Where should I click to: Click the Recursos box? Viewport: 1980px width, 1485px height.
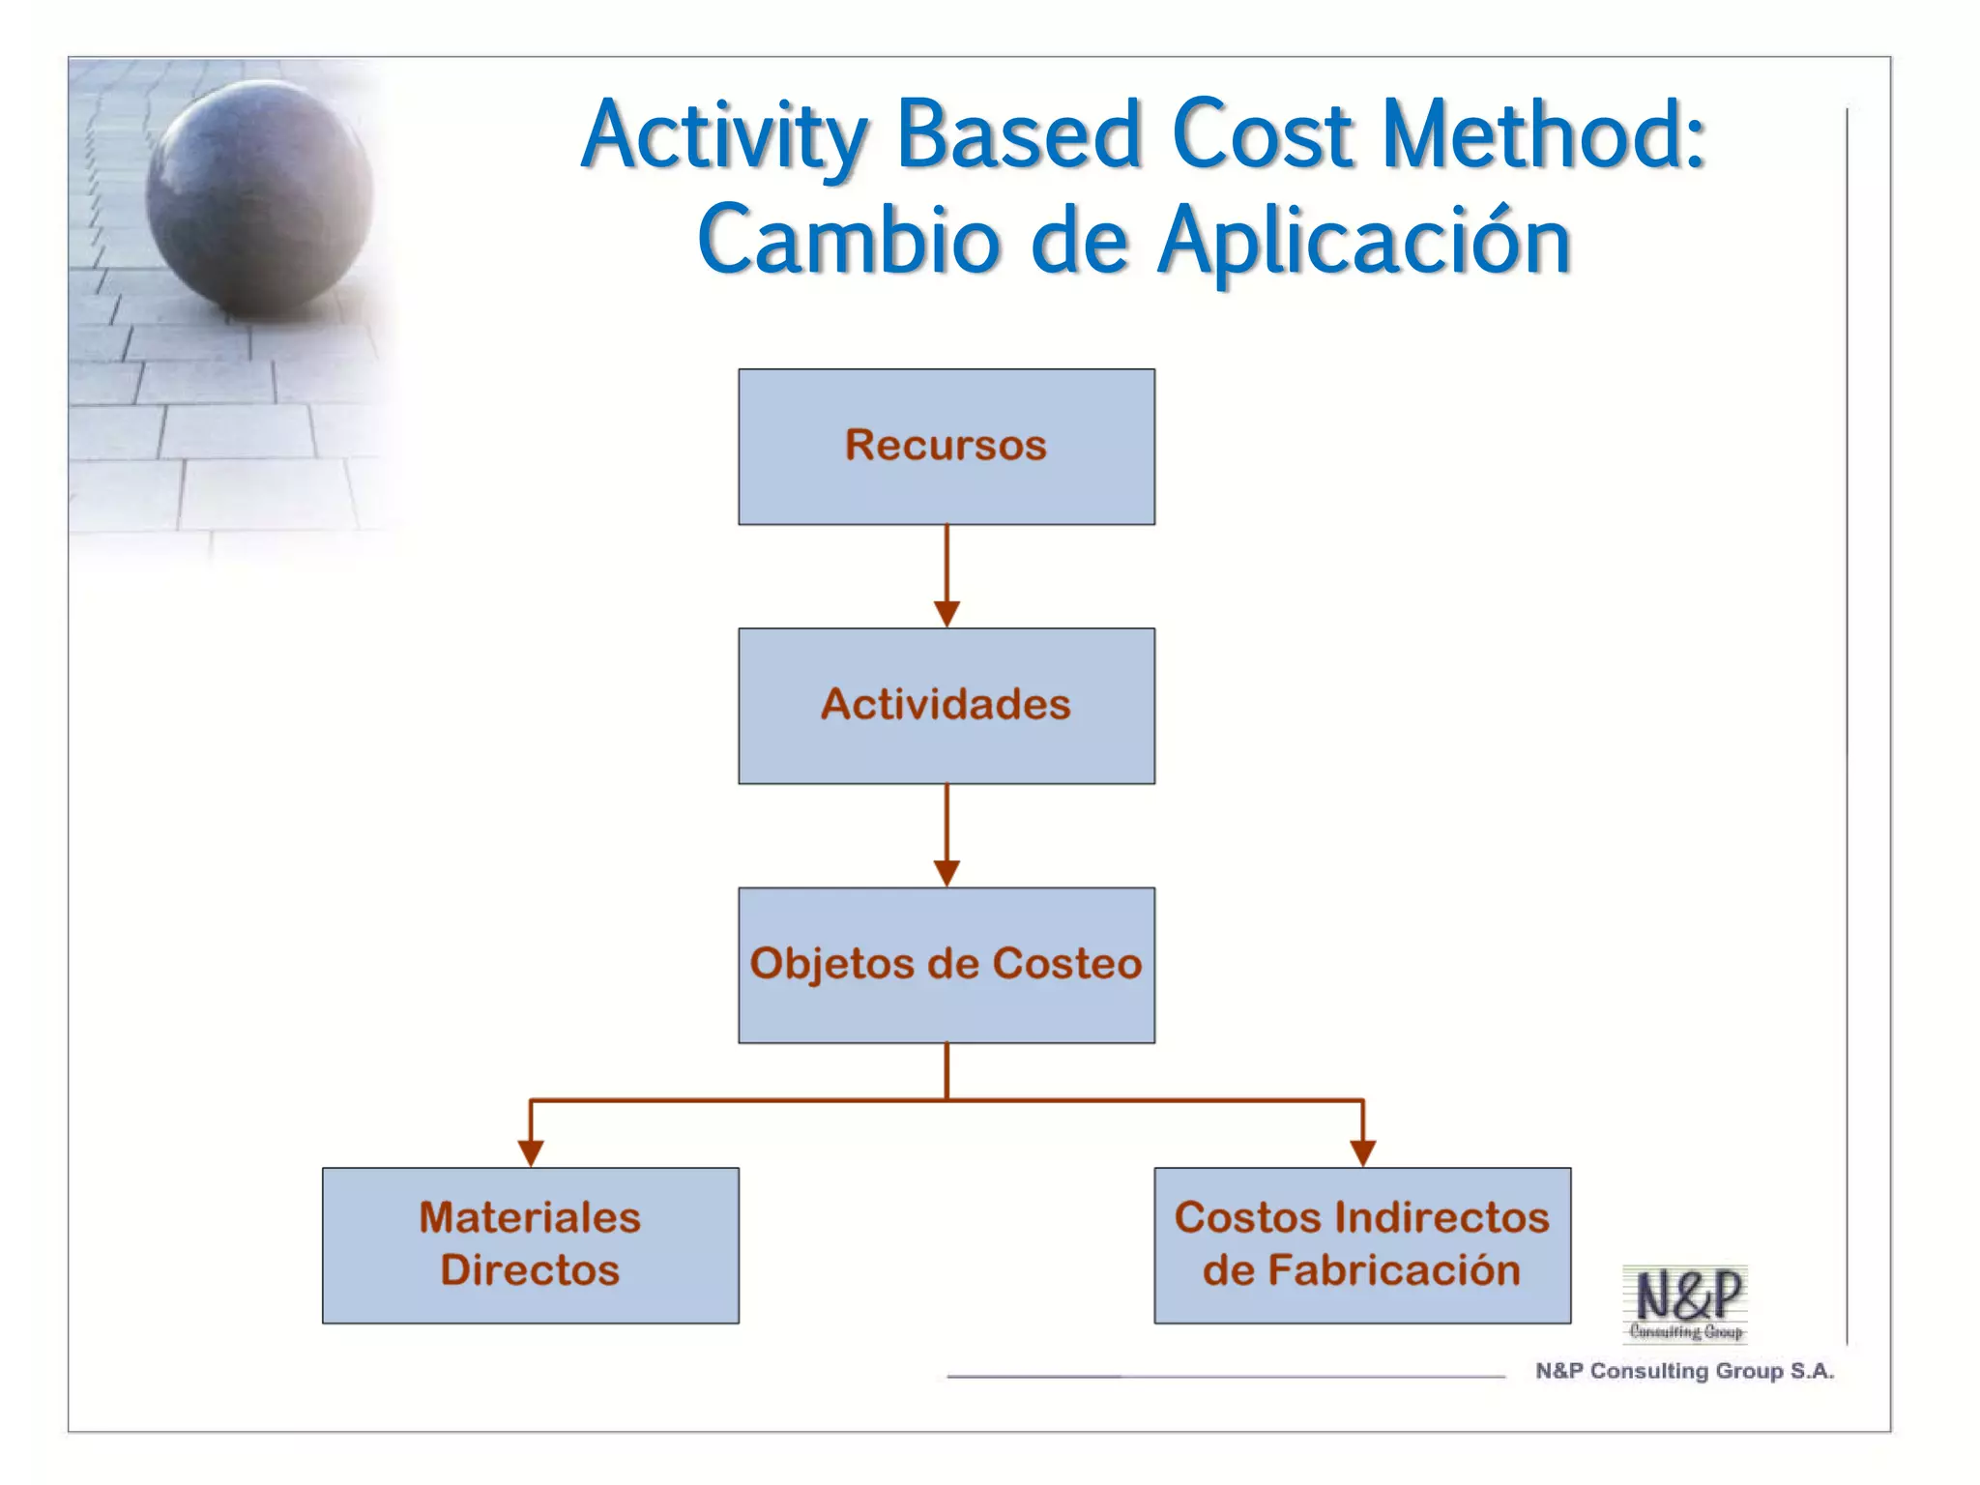tap(946, 447)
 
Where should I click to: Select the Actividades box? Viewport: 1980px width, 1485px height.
tap(946, 706)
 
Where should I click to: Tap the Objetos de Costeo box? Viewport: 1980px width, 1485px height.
tap(946, 965)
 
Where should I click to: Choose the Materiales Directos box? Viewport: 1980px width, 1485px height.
tap(530, 1245)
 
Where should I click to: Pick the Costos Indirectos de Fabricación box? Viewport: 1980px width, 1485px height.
tap(1361, 1245)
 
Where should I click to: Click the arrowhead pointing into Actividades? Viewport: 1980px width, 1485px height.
tap(946, 614)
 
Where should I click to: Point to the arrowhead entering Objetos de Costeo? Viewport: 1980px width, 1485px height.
tap(946, 873)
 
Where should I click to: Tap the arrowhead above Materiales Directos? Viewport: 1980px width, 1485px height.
tap(531, 1152)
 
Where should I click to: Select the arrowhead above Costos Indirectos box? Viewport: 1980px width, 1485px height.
tap(1362, 1152)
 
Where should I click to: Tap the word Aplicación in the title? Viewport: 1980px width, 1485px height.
tap(1364, 242)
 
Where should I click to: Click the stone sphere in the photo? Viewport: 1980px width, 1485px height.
tap(258, 198)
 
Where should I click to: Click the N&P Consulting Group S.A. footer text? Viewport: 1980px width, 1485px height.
tap(1684, 1371)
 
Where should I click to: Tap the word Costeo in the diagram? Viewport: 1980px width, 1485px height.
tap(1067, 964)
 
